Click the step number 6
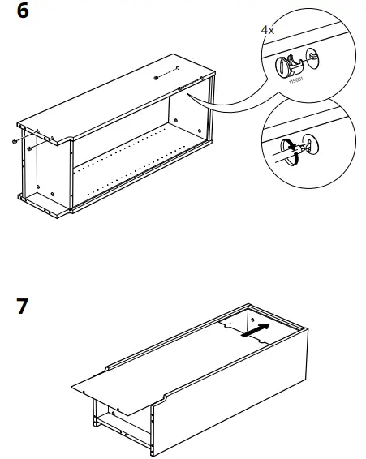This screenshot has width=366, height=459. pyautogui.click(x=23, y=14)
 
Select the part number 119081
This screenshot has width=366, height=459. pyautogui.click(x=291, y=80)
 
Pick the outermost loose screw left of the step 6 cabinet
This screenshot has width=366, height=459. pyautogui.click(x=15, y=141)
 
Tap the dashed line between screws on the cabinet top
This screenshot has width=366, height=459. pyautogui.click(x=166, y=72)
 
